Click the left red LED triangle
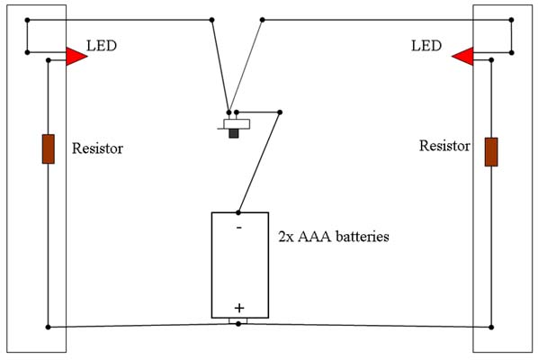(x=76, y=57)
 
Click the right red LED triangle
(x=464, y=57)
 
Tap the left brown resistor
(x=49, y=148)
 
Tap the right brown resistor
(x=491, y=152)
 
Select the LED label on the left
(x=102, y=46)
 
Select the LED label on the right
(x=426, y=46)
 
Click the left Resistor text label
(x=97, y=148)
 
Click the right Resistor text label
(x=444, y=146)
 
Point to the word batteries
(x=363, y=237)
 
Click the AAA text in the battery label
(x=315, y=237)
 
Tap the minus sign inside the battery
(x=239, y=227)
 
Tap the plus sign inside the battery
(x=239, y=308)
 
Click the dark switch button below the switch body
(x=234, y=133)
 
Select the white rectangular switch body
(x=237, y=124)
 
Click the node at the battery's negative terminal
(x=238, y=212)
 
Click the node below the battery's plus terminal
(x=238, y=324)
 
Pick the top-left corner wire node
(x=28, y=20)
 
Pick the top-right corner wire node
(x=512, y=20)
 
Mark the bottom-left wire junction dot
(x=48, y=327)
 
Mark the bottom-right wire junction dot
(x=491, y=327)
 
